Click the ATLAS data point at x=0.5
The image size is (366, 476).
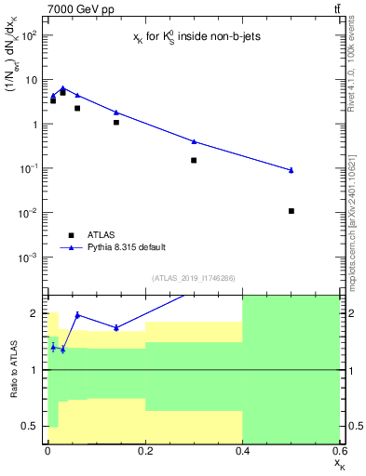(x=291, y=211)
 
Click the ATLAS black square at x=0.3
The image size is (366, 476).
(x=194, y=160)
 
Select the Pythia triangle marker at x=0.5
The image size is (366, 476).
(x=291, y=170)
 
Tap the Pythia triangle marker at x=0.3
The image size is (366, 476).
(x=194, y=141)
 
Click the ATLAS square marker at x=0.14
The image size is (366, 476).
(x=116, y=122)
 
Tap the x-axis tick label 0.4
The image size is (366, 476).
(x=242, y=451)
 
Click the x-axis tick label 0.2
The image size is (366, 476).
(x=145, y=451)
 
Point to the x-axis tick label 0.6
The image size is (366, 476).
(x=339, y=451)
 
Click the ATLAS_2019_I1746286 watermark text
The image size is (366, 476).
(x=193, y=278)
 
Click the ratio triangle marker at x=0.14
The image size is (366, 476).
(x=116, y=327)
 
